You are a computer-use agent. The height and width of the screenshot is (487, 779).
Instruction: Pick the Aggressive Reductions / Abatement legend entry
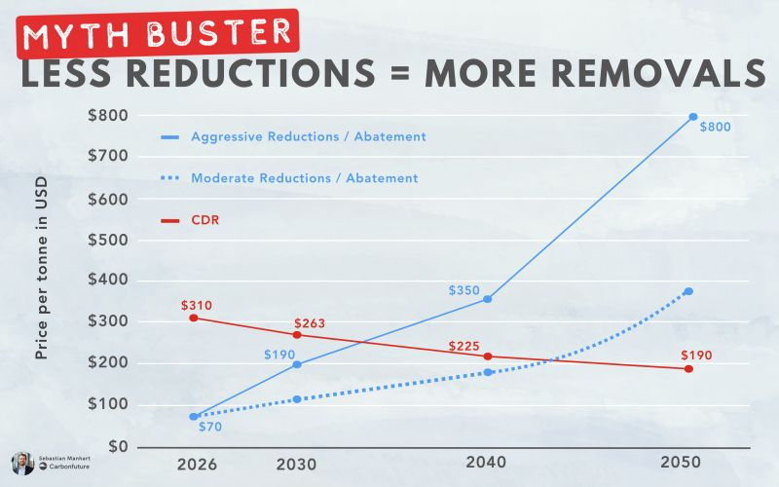309,136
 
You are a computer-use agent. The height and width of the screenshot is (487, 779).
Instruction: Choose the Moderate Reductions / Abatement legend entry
304,178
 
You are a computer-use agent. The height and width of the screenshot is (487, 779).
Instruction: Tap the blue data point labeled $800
693,117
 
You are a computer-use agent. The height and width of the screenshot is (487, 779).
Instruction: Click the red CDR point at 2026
194,318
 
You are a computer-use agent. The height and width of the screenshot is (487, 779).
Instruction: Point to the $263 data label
309,323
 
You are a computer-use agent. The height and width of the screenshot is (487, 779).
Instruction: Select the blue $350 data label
465,290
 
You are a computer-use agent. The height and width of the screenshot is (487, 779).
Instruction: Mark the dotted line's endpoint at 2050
688,291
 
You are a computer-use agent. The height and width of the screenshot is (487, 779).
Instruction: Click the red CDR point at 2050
688,369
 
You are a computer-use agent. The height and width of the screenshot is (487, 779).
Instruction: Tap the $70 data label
211,426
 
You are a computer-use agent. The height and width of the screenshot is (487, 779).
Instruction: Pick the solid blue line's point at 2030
297,364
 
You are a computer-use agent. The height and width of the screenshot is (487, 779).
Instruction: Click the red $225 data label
465,346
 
